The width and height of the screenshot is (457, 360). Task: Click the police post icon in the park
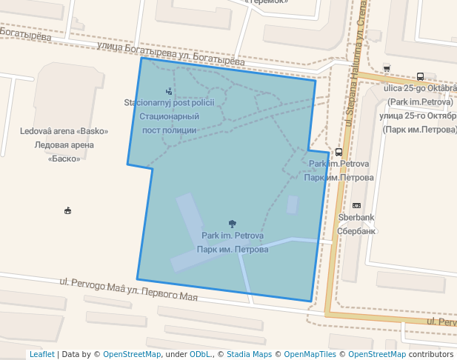[169, 91]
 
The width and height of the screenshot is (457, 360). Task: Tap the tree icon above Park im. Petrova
[233, 224]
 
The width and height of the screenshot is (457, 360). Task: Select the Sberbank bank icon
[356, 205]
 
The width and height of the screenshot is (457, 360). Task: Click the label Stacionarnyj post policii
[169, 103]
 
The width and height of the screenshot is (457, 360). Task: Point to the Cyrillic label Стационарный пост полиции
[170, 123]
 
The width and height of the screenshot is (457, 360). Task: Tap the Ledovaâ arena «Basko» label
[64, 131]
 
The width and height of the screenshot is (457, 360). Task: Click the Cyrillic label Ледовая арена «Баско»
[64, 151]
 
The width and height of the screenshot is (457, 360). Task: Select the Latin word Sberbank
[356, 218]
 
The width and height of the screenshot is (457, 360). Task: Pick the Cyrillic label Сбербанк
[356, 230]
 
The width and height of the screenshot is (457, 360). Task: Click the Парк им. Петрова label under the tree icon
[233, 250]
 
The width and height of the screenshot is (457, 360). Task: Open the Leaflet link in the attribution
[41, 354]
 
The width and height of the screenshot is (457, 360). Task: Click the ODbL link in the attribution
[199, 354]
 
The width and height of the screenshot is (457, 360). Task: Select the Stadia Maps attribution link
[249, 354]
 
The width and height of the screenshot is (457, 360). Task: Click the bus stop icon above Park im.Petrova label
[338, 151]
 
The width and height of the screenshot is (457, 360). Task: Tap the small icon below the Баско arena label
[68, 210]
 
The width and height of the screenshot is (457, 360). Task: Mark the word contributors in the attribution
[430, 354]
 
